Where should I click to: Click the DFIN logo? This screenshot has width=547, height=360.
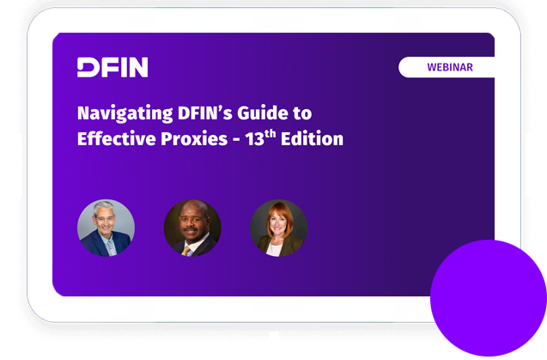click(112, 68)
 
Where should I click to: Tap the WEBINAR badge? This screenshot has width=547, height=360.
click(449, 67)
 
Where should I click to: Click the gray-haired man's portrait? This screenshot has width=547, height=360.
click(106, 228)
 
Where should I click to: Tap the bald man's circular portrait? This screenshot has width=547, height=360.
click(192, 228)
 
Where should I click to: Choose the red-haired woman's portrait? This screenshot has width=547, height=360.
click(278, 228)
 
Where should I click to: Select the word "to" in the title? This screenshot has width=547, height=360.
click(301, 113)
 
